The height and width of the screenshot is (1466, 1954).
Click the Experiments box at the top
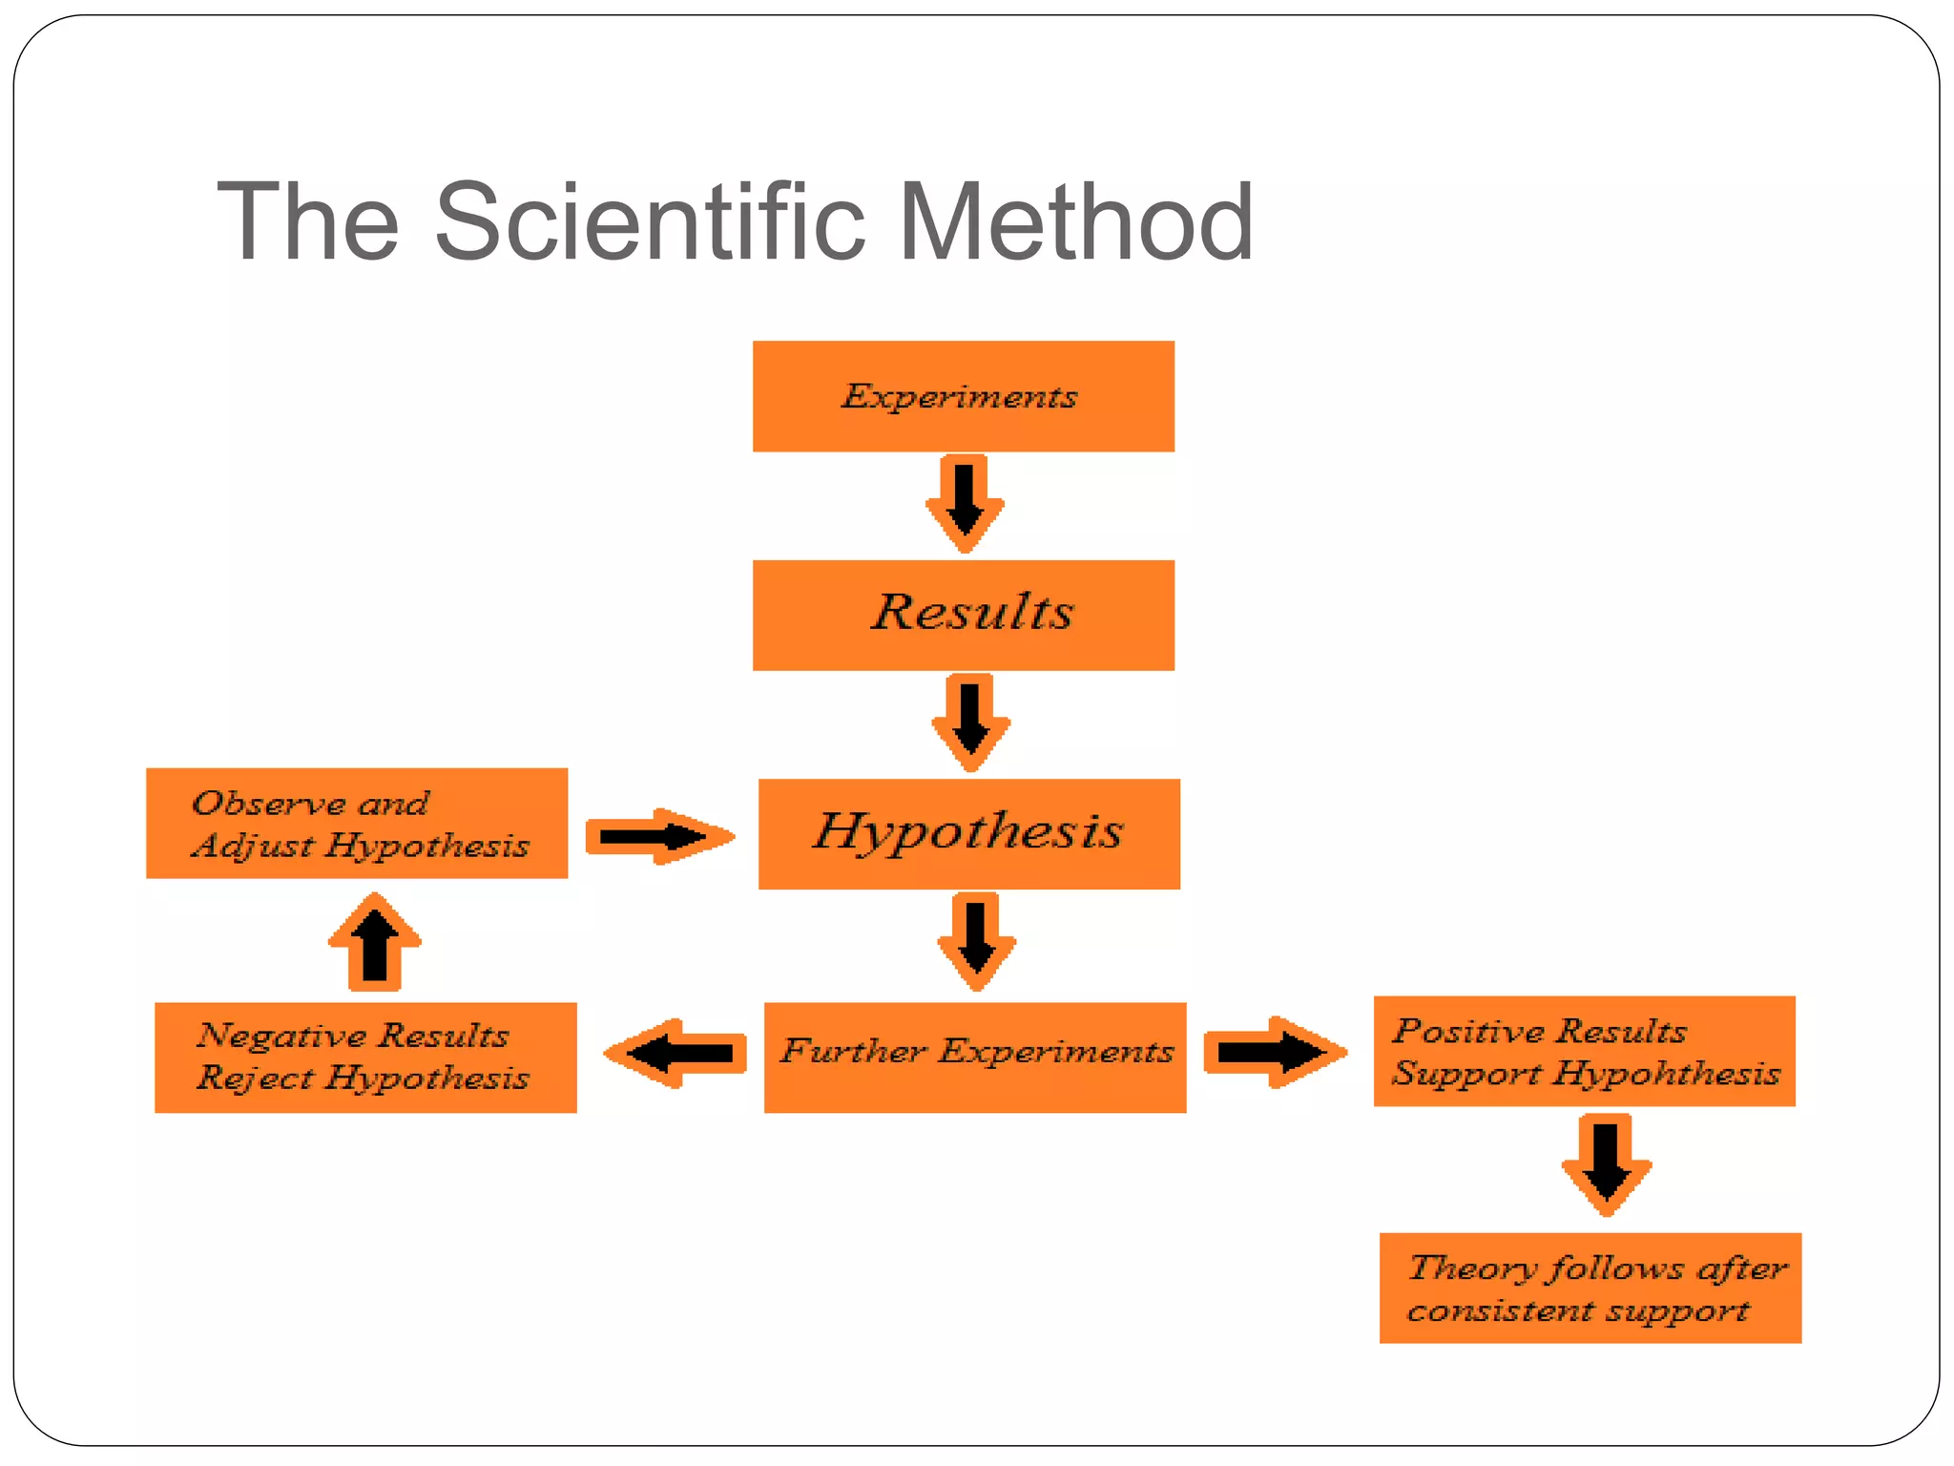pyautogui.click(x=963, y=396)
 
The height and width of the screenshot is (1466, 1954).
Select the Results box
pyautogui.click(x=963, y=615)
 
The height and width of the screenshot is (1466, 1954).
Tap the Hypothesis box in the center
pyautogui.click(x=968, y=833)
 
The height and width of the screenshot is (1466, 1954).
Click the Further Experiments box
pyautogui.click(x=974, y=1057)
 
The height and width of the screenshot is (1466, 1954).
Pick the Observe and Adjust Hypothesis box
pyautogui.click(x=357, y=823)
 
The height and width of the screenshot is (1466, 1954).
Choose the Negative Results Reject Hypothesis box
pyautogui.click(x=365, y=1057)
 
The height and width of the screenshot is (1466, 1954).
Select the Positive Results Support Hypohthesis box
pyautogui.click(x=1584, y=1051)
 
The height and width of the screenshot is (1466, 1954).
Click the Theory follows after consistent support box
pyautogui.click(x=1590, y=1288)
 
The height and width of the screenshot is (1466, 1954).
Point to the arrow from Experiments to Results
pyautogui.click(x=965, y=503)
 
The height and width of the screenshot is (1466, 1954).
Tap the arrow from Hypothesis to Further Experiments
pyautogui.click(x=976, y=941)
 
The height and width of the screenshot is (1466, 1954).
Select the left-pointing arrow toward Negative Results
pyautogui.click(x=676, y=1054)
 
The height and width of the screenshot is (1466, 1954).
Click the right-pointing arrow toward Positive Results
pyautogui.click(x=1274, y=1052)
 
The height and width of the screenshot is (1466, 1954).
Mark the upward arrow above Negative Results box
pyautogui.click(x=375, y=942)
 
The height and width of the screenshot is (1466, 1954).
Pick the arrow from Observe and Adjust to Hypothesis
pyautogui.click(x=658, y=837)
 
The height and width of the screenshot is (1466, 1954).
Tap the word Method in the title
pyautogui.click(x=1075, y=222)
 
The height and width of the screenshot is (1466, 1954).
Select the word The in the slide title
pyautogui.click(x=307, y=222)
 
